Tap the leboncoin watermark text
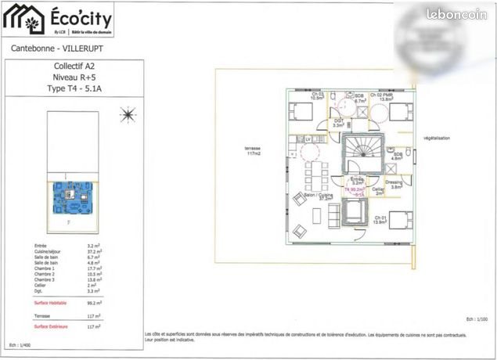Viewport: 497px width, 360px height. [458, 14]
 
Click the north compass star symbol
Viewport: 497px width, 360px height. [125, 117]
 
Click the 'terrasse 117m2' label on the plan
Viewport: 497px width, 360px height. [252, 151]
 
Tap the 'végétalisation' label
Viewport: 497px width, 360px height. [436, 138]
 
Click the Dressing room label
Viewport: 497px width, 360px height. [394, 185]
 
